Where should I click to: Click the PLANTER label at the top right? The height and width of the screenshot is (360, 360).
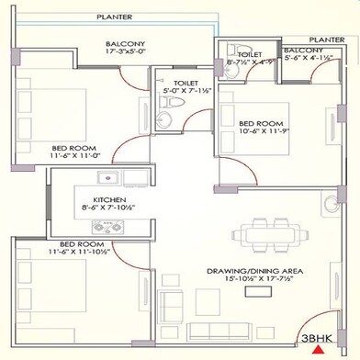(x=327, y=39)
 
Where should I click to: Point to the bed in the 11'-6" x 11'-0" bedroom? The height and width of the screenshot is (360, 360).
(x=55, y=108)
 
